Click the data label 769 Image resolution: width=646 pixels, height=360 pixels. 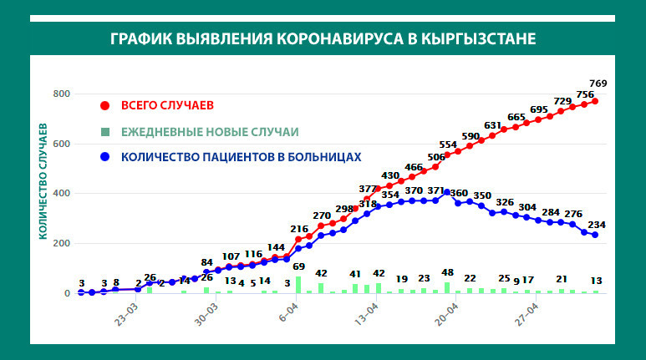pos(621,84)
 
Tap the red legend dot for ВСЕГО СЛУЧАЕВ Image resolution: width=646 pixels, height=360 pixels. pos(104,105)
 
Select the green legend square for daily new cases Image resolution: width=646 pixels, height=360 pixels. pos(104,131)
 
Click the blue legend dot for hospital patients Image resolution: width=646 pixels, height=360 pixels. pos(104,156)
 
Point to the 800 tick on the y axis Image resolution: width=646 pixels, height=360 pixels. pos(59,94)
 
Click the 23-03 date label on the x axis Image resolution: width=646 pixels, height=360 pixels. pos(127,320)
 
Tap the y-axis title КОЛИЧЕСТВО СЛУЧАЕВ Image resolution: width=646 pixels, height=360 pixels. pos(42,180)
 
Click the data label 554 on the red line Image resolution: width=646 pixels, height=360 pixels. pos(448,145)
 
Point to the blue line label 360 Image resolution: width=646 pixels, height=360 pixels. pos(459,194)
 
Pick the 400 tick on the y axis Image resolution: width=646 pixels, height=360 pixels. pos(59,194)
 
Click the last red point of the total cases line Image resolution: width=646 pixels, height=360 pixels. pos(595,101)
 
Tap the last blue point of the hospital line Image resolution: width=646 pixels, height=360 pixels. pos(595,236)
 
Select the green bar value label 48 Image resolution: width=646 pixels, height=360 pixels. pos(447,273)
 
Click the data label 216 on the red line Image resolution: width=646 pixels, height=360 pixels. pos(300,229)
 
